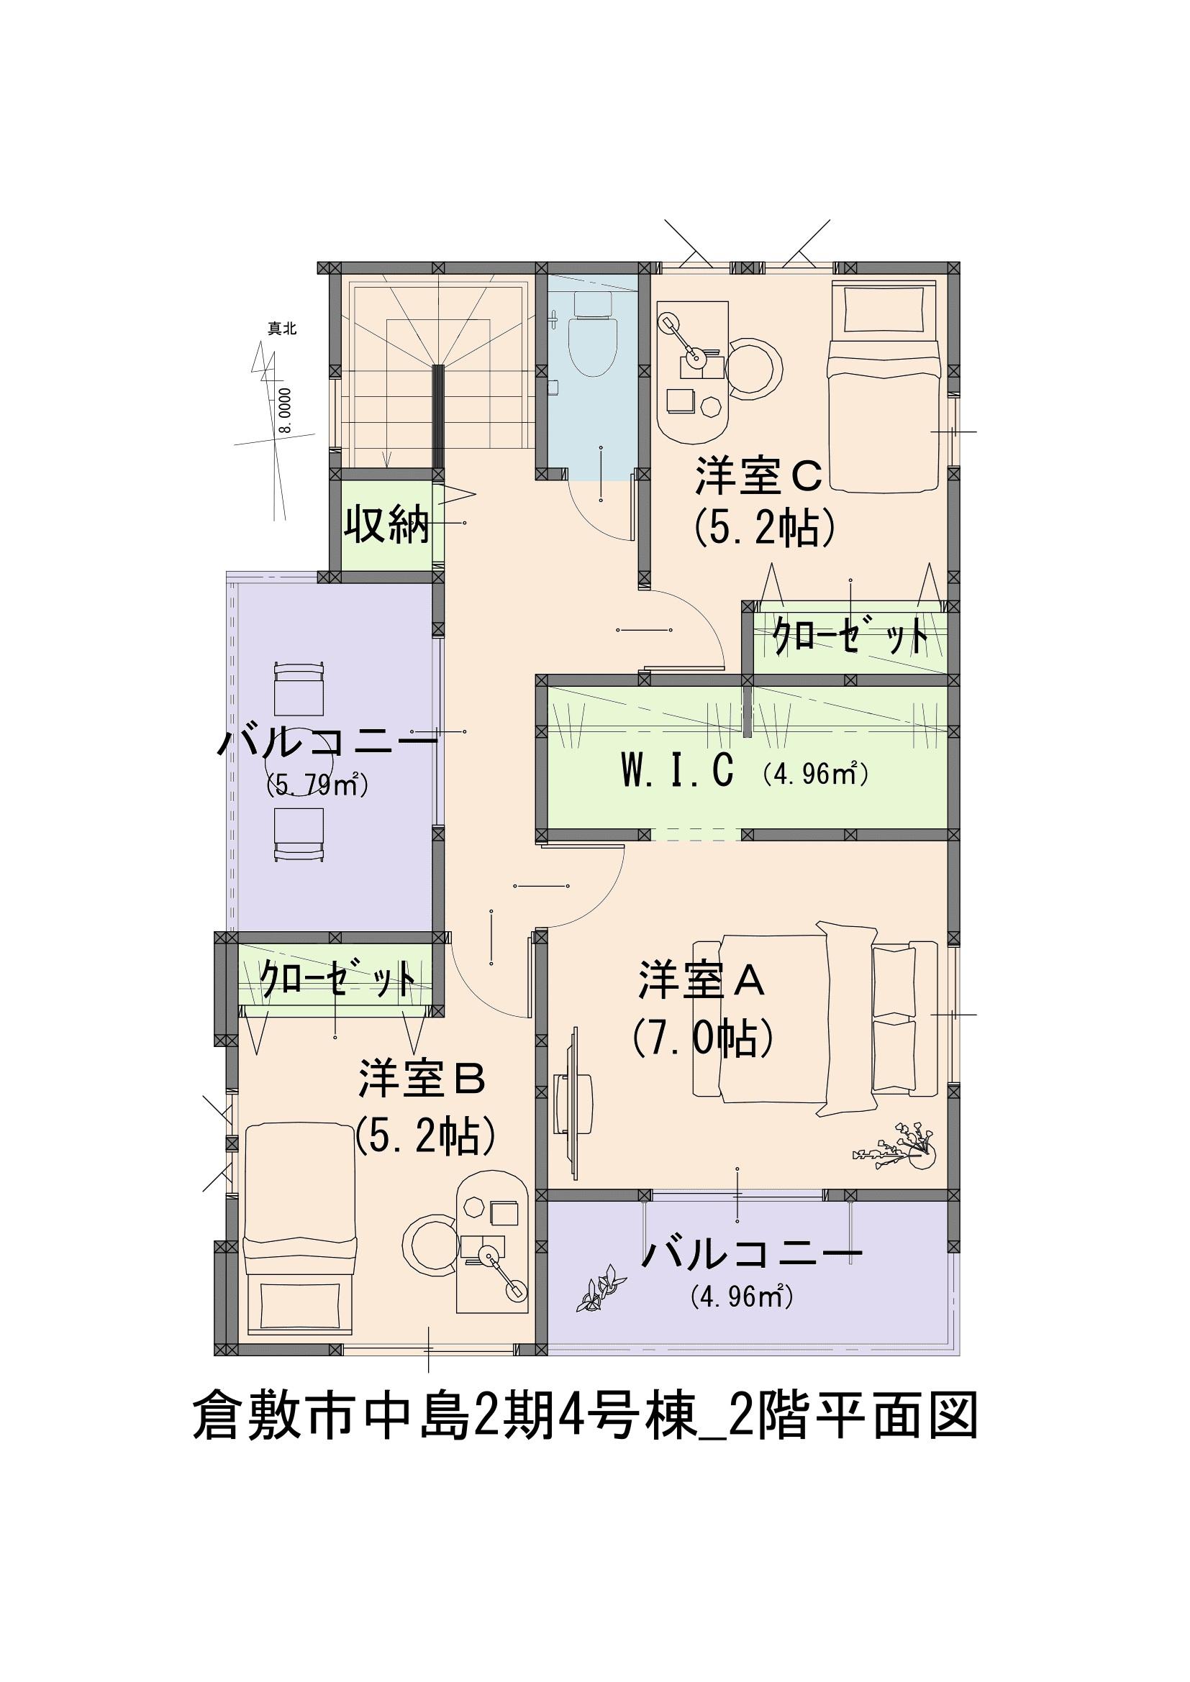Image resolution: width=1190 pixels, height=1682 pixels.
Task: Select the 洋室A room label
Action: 702,982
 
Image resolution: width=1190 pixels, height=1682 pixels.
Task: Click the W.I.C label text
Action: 677,772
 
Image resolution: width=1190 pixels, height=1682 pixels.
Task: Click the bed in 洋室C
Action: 884,388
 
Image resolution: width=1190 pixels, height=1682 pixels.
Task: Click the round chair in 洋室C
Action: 755,368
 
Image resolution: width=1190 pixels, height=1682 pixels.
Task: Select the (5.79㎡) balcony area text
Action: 317,786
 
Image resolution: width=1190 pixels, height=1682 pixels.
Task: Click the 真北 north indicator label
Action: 282,329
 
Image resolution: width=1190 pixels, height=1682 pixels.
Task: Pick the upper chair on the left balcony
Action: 299,689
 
